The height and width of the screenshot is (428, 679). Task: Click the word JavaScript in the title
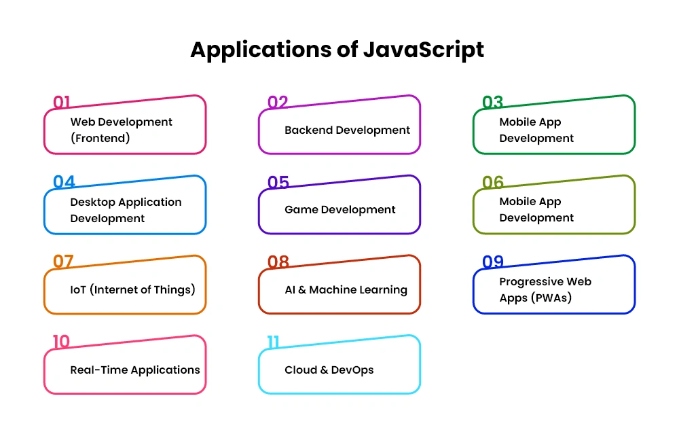(x=424, y=50)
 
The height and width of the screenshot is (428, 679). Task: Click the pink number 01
(x=62, y=102)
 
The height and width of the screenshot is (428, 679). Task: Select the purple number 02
(x=278, y=102)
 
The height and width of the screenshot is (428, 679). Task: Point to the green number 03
(x=493, y=102)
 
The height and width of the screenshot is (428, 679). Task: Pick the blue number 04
(x=64, y=182)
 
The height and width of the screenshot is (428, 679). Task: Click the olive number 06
(x=493, y=182)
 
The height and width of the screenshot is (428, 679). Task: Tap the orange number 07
(x=63, y=262)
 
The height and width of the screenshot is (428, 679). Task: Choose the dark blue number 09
(x=493, y=262)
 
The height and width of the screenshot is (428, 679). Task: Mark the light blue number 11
(x=273, y=342)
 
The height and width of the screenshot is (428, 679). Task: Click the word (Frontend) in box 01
(x=100, y=138)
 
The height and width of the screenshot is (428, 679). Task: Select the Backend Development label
(x=347, y=130)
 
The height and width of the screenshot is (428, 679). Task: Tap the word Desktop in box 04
(x=92, y=202)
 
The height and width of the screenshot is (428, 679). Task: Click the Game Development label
(x=340, y=210)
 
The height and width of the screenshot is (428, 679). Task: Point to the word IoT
(x=78, y=290)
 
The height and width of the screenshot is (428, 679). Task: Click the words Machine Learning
(x=358, y=290)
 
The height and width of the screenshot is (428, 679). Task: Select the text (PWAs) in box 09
(x=551, y=298)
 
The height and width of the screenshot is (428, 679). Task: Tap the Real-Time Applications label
(x=135, y=370)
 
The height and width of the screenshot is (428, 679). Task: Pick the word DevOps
(x=352, y=370)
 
